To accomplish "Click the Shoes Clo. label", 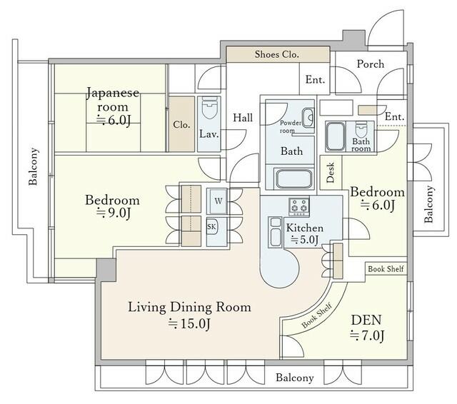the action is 276,54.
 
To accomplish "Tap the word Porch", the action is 371,64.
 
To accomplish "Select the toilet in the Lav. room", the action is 209,108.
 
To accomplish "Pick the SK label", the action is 211,226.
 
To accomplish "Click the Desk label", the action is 331,173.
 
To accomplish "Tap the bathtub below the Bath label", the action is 293,178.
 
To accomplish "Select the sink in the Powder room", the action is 308,118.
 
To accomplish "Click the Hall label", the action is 243,118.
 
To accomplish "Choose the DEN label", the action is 366,320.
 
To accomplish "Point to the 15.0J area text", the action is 189,323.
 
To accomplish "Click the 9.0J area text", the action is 114,213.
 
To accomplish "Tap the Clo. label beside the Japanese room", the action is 181,125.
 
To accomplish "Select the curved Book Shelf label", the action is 317,315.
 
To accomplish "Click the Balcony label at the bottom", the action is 295,378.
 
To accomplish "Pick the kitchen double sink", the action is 276,232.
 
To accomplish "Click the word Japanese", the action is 113,94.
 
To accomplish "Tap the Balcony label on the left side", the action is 33,166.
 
